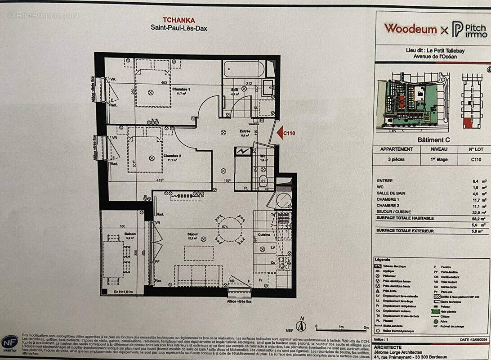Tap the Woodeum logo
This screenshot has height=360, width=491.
pyautogui.click(x=410, y=29)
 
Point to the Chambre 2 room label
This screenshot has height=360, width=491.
pyautogui.click(x=172, y=156)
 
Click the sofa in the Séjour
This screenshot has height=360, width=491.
pyautogui.click(x=198, y=275)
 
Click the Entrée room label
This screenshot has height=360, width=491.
pyautogui.click(x=245, y=131)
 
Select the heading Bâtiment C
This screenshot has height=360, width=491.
pyautogui.click(x=433, y=140)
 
